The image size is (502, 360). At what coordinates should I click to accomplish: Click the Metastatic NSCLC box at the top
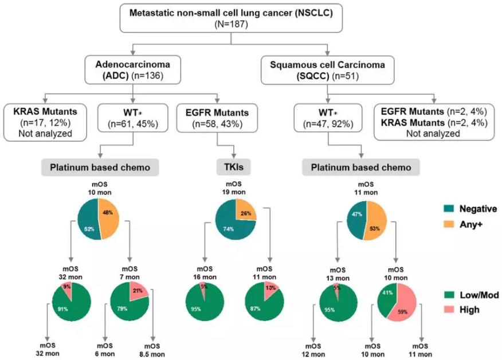[231, 18]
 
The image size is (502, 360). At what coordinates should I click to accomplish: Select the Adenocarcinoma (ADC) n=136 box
[132, 70]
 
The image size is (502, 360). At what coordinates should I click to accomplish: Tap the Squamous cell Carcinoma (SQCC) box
[327, 70]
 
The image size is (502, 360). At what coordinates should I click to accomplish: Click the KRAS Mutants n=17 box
[45, 122]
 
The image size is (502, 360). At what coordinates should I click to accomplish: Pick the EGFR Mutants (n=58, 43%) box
[217, 118]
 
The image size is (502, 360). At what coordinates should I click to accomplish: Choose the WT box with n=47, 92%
[328, 118]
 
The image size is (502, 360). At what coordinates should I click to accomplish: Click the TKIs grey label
[233, 167]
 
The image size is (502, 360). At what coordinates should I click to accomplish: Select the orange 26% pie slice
[246, 210]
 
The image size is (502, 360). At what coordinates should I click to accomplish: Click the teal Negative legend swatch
[449, 209]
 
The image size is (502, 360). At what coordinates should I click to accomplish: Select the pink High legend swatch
[449, 310]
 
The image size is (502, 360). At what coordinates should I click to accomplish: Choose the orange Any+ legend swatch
[449, 224]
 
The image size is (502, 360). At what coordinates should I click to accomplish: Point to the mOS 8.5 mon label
[152, 350]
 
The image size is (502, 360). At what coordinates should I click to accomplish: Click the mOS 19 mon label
[234, 188]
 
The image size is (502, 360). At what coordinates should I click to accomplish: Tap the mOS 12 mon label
[313, 350]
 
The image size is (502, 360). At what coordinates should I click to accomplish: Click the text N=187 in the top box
[231, 24]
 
